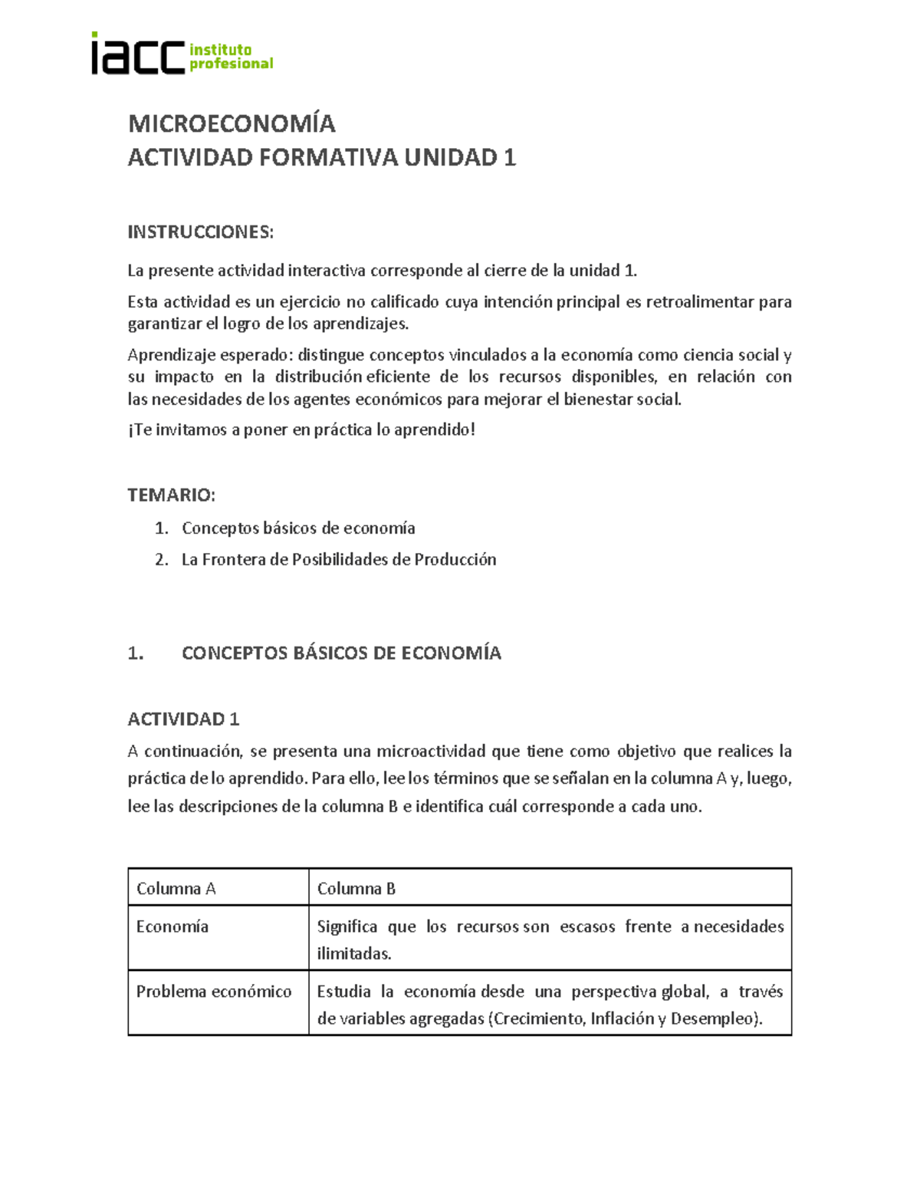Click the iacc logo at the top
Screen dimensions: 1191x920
point(182,54)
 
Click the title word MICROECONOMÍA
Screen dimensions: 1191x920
point(232,123)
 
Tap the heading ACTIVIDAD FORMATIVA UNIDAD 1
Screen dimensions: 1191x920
point(321,158)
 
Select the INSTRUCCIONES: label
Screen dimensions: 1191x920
point(200,232)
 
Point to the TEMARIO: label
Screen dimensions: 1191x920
point(171,495)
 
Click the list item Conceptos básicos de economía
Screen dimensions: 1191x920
point(298,528)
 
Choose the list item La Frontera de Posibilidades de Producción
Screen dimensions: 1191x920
point(339,560)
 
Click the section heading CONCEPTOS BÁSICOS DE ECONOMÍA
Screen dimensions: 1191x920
point(341,653)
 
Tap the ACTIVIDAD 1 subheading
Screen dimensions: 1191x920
point(183,719)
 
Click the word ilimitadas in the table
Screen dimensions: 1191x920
point(354,954)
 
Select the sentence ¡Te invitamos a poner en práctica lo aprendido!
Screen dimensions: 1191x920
point(301,430)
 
